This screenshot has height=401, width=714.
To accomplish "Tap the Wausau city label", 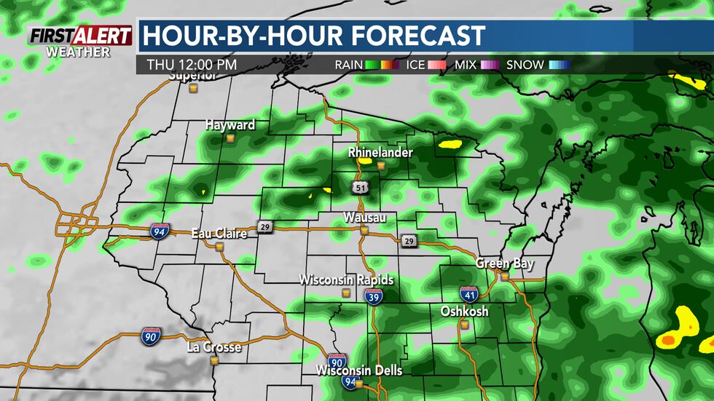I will click(365, 218).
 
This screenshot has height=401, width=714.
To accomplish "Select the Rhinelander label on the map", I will click(380, 153).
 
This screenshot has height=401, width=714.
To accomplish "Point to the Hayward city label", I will click(230, 125).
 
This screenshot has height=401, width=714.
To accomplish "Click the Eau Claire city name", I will click(219, 234).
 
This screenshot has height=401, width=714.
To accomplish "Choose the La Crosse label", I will click(213, 347).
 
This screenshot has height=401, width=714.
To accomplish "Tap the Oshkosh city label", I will click(464, 311).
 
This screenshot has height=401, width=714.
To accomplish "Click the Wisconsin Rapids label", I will click(347, 280).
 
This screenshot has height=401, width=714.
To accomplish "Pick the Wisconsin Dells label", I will click(358, 371).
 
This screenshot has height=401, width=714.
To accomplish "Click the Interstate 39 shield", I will click(374, 295).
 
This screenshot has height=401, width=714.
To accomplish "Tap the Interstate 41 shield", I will click(469, 295).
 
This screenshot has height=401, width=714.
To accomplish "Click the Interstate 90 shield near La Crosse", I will click(152, 336).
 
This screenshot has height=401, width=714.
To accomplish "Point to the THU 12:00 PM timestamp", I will click(192, 65).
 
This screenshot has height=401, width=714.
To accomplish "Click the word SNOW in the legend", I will click(525, 65).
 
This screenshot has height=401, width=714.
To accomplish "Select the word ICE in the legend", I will click(416, 65).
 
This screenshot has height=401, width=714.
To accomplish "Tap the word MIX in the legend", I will click(465, 65).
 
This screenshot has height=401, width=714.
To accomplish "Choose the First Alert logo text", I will click(80, 36).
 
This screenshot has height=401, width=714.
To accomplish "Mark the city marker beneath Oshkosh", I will click(463, 325).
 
